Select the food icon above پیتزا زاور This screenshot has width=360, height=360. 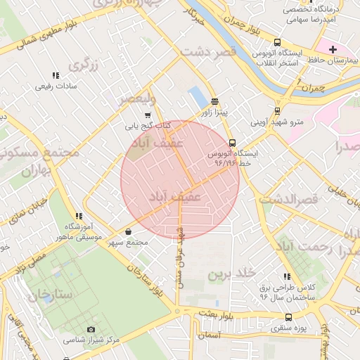point(214,101)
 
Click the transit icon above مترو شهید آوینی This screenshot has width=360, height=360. point(278,110)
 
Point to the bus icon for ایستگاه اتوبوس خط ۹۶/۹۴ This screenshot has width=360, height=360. point(233,142)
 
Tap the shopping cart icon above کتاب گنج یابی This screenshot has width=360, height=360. point(147,115)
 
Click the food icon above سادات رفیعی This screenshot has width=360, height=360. point(55,75)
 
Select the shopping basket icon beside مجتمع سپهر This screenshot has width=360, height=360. point(128,231)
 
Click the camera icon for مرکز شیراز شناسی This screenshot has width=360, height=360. point(91,329)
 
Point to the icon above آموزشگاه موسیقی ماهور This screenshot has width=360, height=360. point(79,216)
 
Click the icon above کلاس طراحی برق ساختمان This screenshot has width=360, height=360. point(286,277)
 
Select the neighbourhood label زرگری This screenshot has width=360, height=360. point(84,66)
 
